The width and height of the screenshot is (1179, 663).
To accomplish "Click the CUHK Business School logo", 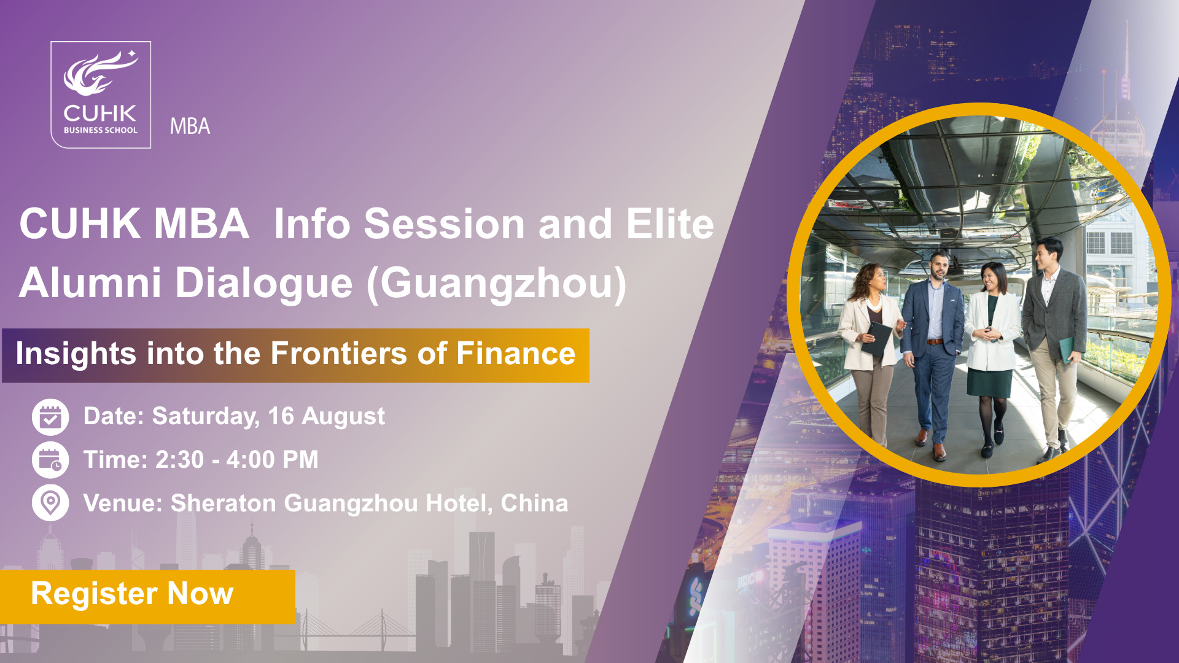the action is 101,95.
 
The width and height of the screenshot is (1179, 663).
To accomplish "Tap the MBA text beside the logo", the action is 190,126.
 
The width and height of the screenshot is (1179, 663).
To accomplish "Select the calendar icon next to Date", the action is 50,417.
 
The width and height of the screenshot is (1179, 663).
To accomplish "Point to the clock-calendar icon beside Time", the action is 50,460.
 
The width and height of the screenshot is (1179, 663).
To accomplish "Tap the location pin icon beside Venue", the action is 50,503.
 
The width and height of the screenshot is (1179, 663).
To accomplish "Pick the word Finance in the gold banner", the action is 516,354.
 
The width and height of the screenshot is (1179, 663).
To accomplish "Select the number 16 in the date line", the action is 281,416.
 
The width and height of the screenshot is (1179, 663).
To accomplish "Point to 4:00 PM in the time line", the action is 273,460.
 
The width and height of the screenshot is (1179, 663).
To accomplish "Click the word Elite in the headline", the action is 671,223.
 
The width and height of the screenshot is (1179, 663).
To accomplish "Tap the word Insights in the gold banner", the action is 76,354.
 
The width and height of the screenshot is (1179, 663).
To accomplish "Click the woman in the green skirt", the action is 989,359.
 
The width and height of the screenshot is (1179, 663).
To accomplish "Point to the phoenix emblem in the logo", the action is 101,73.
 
